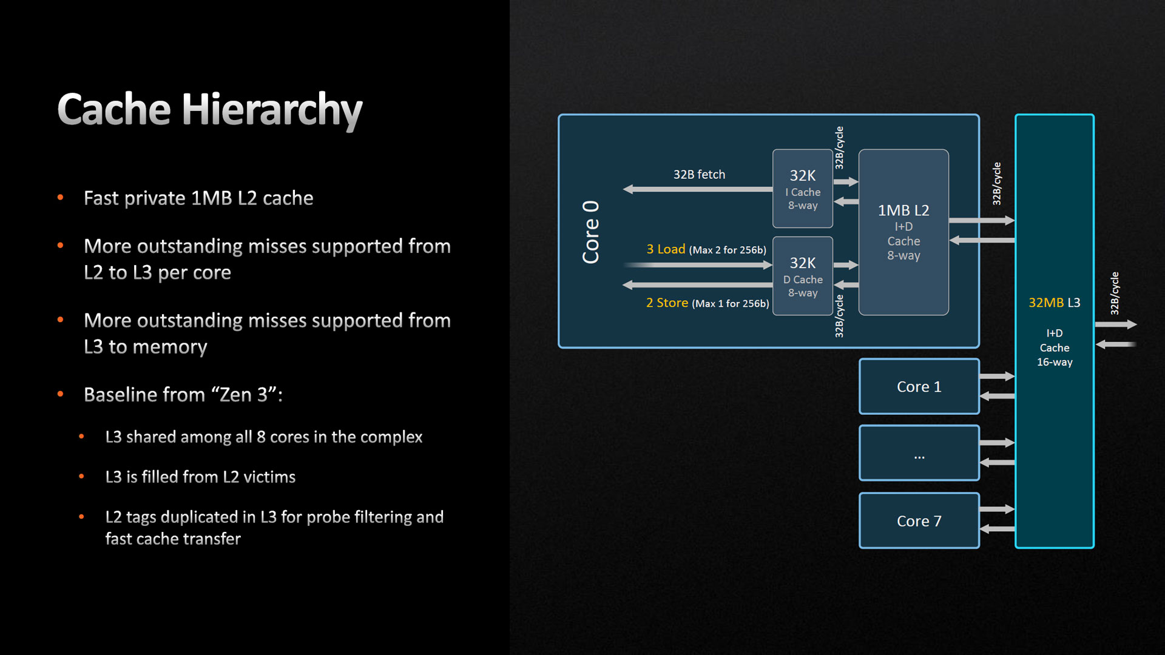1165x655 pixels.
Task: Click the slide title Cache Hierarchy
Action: (x=209, y=110)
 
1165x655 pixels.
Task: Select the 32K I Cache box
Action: (x=802, y=189)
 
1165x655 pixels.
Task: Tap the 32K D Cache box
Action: (x=802, y=276)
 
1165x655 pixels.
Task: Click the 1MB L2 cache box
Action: (x=903, y=232)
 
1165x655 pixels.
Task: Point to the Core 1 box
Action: (x=919, y=386)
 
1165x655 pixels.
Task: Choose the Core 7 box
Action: (x=919, y=521)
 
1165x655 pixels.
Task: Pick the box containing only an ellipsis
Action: (x=919, y=453)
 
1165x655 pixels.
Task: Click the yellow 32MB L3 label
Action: (x=1054, y=303)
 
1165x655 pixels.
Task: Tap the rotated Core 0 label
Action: (x=590, y=232)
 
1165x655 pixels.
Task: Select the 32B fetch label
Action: (x=699, y=175)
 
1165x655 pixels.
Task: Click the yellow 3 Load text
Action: (x=666, y=249)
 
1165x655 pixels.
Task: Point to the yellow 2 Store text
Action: (x=667, y=303)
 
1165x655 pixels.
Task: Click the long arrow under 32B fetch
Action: (x=698, y=189)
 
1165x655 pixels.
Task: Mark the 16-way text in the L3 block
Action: (x=1055, y=362)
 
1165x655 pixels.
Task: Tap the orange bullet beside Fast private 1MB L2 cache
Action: (x=60, y=198)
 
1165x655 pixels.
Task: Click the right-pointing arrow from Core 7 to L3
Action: (x=998, y=509)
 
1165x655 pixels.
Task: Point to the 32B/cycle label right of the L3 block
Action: (x=1115, y=294)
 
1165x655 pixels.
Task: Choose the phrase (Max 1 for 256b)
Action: (x=731, y=303)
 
